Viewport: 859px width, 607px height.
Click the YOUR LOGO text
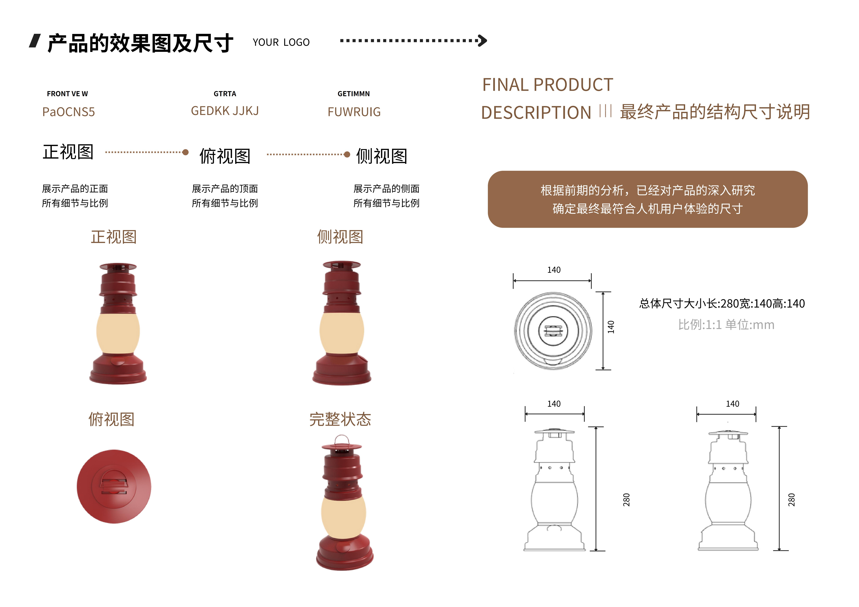coord(281,42)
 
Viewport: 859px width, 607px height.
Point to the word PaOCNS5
coord(69,112)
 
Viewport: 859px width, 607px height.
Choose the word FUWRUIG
coord(354,112)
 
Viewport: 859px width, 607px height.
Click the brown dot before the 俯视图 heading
coord(185,152)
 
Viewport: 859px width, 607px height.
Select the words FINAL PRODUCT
coord(547,85)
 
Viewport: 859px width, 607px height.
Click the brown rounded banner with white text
coord(647,199)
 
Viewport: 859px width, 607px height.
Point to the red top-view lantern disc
coord(114,486)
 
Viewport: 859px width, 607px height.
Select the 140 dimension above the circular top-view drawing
coord(554,270)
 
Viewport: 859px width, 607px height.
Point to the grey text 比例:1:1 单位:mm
coord(726,325)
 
